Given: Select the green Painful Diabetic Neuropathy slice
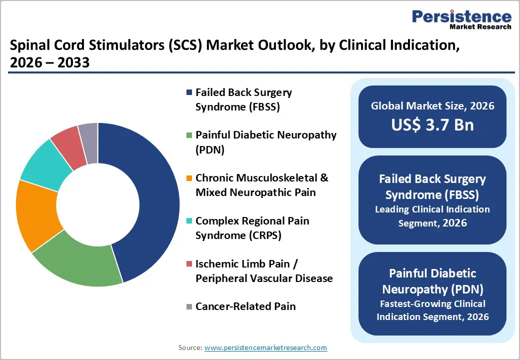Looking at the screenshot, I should pyautogui.click(x=75, y=265).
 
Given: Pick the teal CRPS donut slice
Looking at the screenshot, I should pyautogui.click(x=42, y=165).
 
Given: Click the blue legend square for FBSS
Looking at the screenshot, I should pyautogui.click(x=188, y=92).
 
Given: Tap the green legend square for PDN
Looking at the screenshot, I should pyautogui.click(x=188, y=135).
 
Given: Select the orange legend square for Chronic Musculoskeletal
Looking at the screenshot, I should pyautogui.click(x=188, y=178).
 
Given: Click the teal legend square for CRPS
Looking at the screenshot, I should pyautogui.click(x=188, y=220).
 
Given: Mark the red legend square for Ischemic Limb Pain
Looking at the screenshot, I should pyautogui.click(x=188, y=263).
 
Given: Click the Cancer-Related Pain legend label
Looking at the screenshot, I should pyautogui.click(x=245, y=306).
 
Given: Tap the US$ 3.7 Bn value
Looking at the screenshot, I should pyautogui.click(x=432, y=124).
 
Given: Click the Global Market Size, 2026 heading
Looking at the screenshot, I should pyautogui.click(x=432, y=105).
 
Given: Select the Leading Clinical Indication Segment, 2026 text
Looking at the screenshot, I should pyautogui.click(x=432, y=216).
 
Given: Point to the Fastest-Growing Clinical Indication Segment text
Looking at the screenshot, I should pyautogui.click(x=432, y=310).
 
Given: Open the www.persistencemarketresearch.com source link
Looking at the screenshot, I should pyautogui.click(x=266, y=347).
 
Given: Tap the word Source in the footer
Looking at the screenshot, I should pyautogui.click(x=190, y=347).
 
